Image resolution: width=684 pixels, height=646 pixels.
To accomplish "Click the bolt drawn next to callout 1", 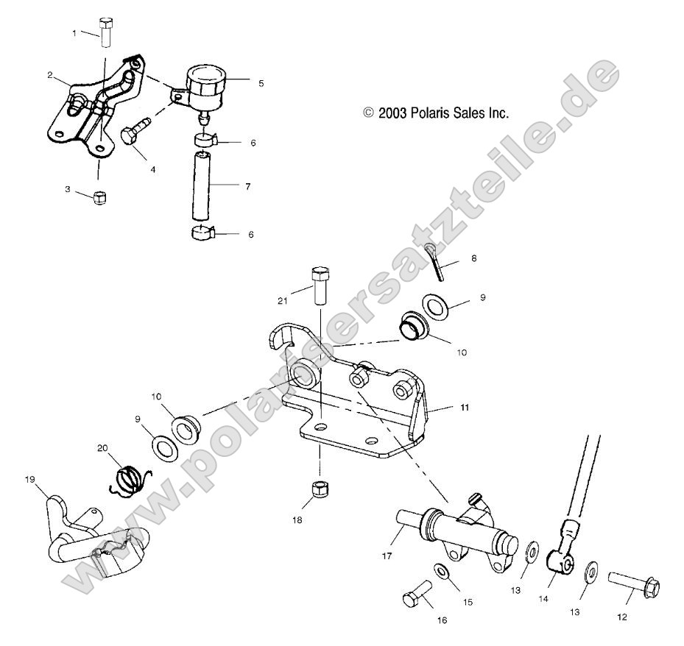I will click(106, 34).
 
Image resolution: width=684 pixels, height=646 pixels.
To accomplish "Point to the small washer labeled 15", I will click(441, 572).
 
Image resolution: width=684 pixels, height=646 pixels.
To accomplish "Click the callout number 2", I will click(49, 74).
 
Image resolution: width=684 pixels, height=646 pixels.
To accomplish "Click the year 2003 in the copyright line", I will click(395, 114).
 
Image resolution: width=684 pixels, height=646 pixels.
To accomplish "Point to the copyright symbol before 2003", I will click(368, 114).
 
